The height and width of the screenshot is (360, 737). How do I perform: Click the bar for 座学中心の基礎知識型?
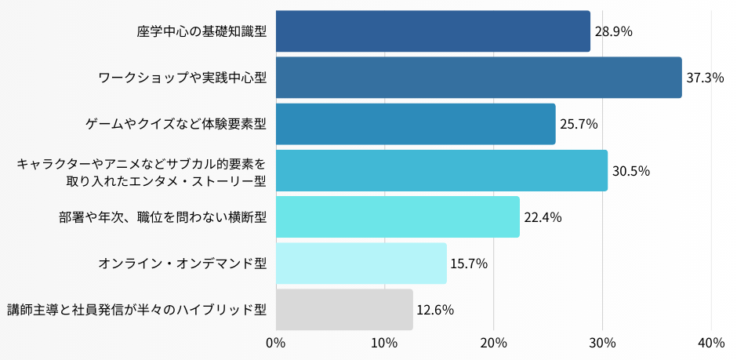pos(433,31)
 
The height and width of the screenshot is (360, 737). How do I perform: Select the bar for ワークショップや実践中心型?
pos(478,78)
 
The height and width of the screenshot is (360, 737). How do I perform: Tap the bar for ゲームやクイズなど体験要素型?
pos(416,124)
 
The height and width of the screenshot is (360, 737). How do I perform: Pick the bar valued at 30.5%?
pos(441,170)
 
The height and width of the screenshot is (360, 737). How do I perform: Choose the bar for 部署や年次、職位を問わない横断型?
pos(398,217)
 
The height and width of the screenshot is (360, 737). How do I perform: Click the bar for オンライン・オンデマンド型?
pos(361,264)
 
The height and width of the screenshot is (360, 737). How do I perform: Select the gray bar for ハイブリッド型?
pos(344,310)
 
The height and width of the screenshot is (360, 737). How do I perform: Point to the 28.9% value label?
pos(614,32)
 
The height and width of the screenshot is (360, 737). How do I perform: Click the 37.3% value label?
pos(705,78)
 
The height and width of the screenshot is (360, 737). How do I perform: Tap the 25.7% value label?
pos(579,124)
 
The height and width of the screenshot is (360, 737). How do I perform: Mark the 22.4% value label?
pos(543,217)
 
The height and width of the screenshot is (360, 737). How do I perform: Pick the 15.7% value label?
pos(469,264)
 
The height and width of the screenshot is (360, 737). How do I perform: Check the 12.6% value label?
pos(435,310)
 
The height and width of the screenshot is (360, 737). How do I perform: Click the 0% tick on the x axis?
pos(275,343)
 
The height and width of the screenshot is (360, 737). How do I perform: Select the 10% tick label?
pos(383,343)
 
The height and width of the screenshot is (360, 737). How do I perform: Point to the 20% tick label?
pos(493,343)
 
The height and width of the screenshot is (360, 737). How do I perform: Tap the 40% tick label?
pos(710,343)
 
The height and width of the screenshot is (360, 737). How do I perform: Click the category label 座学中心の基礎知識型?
pos(201,32)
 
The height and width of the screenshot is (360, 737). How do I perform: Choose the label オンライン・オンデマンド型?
pos(183,264)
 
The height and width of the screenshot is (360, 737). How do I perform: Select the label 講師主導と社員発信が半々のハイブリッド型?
pos(137,310)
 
